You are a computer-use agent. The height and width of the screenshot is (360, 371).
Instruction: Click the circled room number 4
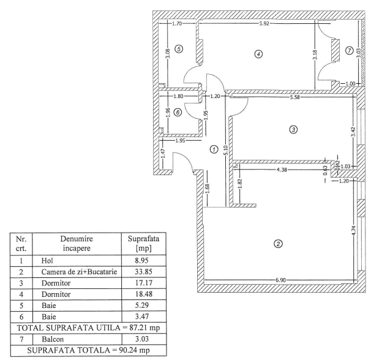coord(258,54)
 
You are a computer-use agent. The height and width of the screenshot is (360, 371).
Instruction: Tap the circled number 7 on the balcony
coord(349,50)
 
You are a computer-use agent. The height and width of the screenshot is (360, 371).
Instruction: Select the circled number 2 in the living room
coord(278,244)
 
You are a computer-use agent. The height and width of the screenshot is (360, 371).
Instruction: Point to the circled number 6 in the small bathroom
coord(178,112)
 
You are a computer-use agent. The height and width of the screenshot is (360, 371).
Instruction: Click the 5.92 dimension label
coord(264,23)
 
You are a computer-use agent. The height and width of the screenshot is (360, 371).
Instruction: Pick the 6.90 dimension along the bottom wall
coord(280,280)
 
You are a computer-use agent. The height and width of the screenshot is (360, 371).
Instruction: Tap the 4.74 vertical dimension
coord(353,230)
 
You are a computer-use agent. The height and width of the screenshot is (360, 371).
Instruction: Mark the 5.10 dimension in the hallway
coord(225,150)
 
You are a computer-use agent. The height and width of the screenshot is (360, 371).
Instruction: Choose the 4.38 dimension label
coord(282,170)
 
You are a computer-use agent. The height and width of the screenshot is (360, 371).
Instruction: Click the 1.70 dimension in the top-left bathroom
coord(177,23)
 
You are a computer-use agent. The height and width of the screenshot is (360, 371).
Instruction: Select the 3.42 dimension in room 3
coord(353,132)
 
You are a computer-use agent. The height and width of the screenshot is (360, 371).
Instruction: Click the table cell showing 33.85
coord(144,272)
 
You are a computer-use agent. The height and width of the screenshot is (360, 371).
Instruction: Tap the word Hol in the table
coord(47,261)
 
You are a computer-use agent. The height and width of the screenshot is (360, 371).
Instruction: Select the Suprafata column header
coord(144,243)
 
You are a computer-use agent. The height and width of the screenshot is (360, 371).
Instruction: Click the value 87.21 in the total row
coord(138,328)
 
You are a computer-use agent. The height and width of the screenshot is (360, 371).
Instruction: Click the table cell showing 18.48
coord(144,294)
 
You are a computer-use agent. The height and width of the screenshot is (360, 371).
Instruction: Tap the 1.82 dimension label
coord(240,184)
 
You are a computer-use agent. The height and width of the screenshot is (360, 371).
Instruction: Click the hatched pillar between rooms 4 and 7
coord(335,50)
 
